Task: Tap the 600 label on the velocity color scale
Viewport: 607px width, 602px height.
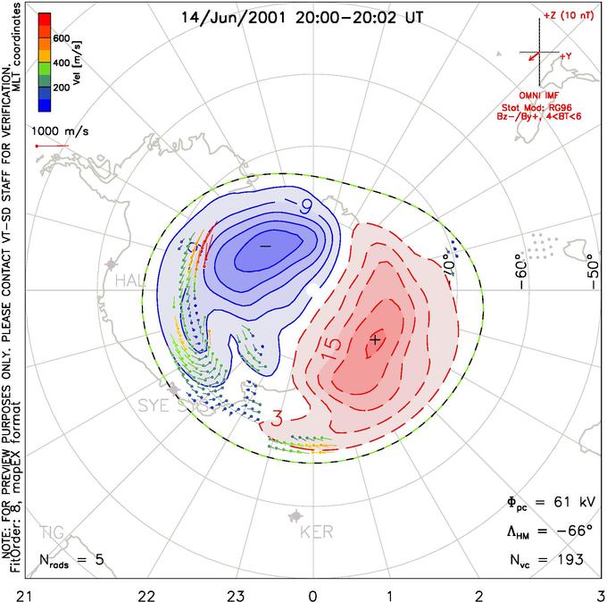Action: [x=62, y=38]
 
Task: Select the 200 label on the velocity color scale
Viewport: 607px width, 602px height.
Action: [x=62, y=88]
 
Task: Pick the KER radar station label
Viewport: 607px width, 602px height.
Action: [x=316, y=533]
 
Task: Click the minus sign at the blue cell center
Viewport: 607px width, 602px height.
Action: [x=264, y=245]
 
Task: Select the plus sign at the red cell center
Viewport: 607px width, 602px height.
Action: [x=375, y=339]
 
